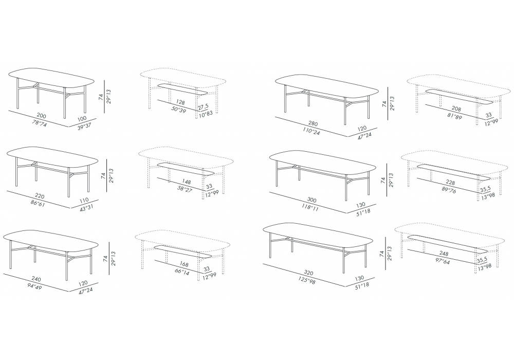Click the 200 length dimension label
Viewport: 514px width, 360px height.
click(x=42, y=116)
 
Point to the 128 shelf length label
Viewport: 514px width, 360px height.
click(x=180, y=102)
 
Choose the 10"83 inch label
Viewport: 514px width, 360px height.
click(x=206, y=114)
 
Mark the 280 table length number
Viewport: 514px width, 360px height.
click(x=313, y=124)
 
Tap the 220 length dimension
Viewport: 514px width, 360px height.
click(x=40, y=196)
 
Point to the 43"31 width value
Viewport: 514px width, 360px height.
click(x=86, y=208)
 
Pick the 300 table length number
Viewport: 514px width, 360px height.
click(x=312, y=200)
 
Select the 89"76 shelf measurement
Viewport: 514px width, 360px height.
click(x=449, y=190)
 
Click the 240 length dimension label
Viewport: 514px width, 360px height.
click(x=36, y=279)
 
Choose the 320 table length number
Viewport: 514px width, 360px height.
click(x=308, y=273)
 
